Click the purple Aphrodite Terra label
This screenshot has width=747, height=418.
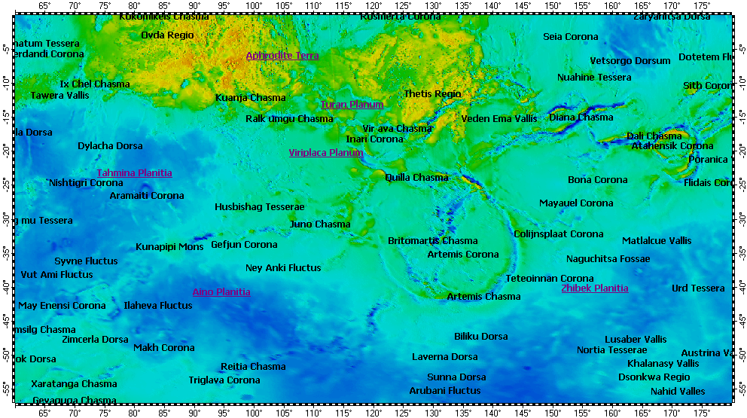(282, 56)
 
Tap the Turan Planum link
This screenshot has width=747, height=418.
(352, 105)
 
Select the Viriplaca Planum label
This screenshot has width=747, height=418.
(326, 153)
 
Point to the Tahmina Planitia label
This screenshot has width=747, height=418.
(134, 173)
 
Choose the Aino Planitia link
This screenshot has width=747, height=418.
(221, 292)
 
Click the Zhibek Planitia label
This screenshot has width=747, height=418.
(594, 288)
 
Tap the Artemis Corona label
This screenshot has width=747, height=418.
(463, 255)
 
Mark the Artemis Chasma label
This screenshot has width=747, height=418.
(483, 297)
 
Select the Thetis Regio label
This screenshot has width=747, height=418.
(432, 94)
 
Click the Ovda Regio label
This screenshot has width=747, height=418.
(167, 35)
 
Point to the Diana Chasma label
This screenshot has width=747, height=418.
(581, 117)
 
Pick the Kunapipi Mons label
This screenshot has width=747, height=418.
(169, 247)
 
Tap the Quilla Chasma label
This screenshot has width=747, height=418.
(416, 178)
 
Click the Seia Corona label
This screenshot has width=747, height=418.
(571, 37)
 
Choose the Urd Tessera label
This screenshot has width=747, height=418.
(698, 288)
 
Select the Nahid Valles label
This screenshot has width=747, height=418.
(678, 392)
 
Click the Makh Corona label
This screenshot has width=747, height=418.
(164, 348)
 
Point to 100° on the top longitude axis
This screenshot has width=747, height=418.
(254, 6)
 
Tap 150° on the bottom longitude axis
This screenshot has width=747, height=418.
(553, 412)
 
